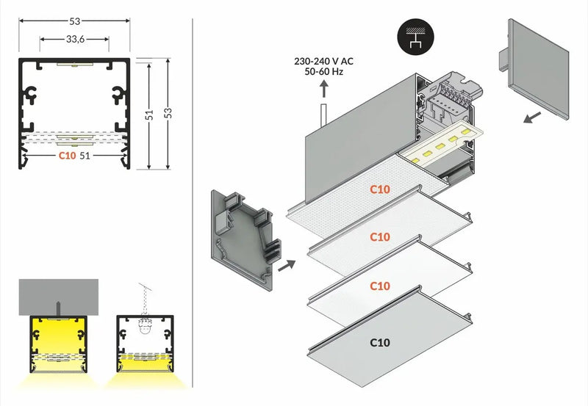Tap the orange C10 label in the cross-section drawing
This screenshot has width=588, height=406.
tap(67, 156)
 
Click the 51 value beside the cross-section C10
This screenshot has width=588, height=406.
tap(85, 156)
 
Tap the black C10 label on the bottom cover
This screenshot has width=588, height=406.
tap(380, 342)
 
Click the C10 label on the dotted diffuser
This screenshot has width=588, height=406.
tap(380, 189)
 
